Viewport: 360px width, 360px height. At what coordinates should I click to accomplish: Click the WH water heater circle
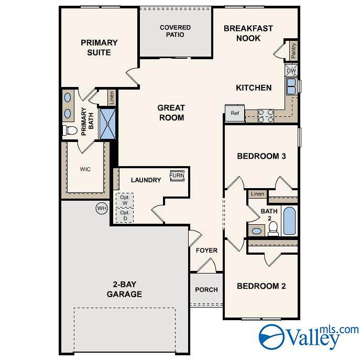point(102,208)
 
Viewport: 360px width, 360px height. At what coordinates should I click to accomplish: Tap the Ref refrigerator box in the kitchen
point(235,113)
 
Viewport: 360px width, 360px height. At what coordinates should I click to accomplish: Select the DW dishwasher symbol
point(291,70)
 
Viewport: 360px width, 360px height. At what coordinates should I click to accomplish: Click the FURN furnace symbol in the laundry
point(177,176)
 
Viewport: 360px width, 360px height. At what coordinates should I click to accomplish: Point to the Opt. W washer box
point(125,200)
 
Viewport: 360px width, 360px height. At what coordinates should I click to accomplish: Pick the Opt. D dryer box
point(125,215)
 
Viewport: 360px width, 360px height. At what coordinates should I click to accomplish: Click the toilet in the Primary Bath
point(70,130)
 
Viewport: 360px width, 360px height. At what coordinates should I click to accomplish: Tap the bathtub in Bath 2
point(289,221)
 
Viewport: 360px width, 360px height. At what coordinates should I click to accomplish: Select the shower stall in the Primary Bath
point(107,124)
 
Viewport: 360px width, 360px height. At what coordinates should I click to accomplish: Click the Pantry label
point(293,50)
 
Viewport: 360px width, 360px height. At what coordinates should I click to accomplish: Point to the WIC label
point(85,169)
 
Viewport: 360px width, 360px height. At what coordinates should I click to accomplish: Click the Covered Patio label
point(175,31)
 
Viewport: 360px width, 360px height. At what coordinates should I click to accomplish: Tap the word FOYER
point(206,250)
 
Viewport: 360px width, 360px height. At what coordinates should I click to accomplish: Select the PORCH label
point(206,290)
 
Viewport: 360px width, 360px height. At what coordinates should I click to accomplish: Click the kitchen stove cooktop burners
point(266,116)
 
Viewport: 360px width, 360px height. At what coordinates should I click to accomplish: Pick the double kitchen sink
point(291,86)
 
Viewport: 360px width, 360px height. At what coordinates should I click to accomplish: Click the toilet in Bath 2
point(273,228)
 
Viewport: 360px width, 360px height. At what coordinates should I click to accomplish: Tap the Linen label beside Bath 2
point(257,194)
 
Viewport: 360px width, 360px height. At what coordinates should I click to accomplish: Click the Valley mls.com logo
point(308,337)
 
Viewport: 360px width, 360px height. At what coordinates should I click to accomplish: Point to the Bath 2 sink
point(256,231)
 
